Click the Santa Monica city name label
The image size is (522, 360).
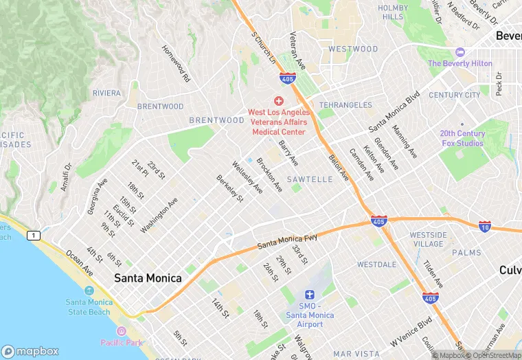coord(148,278)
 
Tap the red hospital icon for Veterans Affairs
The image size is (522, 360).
coord(278,101)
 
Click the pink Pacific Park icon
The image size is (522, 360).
coord(122,332)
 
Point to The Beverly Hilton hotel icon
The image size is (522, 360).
coord(460,53)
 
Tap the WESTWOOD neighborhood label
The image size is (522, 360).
coord(353,49)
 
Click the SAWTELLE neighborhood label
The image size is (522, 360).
coord(309,179)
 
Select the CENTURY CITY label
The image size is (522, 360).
coord(455,95)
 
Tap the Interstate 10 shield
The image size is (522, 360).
coord(484,225)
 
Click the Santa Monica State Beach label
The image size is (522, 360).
coord(88,307)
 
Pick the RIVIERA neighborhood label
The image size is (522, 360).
coord(106,93)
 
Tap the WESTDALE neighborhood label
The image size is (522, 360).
coord(376,265)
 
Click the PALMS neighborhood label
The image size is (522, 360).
coord(466,253)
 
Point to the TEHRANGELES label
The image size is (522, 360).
coord(345,106)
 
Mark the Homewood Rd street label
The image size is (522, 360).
coord(176,64)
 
